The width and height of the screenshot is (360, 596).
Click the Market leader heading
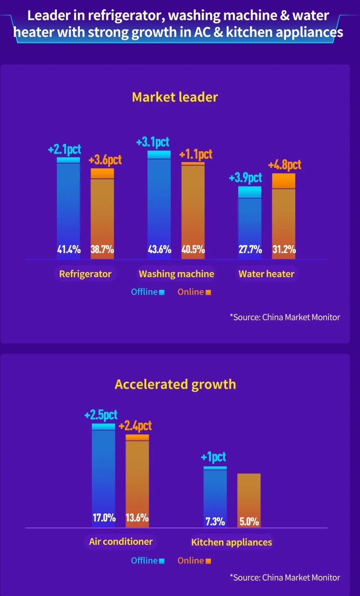(175, 97)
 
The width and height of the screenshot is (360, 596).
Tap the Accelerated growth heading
(175, 384)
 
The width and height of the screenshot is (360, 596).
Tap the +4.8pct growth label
(285, 165)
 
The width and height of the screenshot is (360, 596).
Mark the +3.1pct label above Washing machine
(153, 142)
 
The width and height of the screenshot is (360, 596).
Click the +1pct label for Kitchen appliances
(213, 457)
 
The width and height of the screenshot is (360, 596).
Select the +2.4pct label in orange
(135, 426)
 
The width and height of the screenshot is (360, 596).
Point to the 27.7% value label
(250, 250)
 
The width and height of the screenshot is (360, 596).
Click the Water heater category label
(266, 274)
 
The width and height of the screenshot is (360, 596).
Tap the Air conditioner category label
(121, 542)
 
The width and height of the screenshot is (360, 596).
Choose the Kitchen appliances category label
(231, 542)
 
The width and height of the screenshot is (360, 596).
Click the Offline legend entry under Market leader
(148, 292)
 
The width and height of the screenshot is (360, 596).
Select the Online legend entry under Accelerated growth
(194, 561)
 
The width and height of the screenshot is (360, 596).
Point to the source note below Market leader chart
(285, 318)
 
